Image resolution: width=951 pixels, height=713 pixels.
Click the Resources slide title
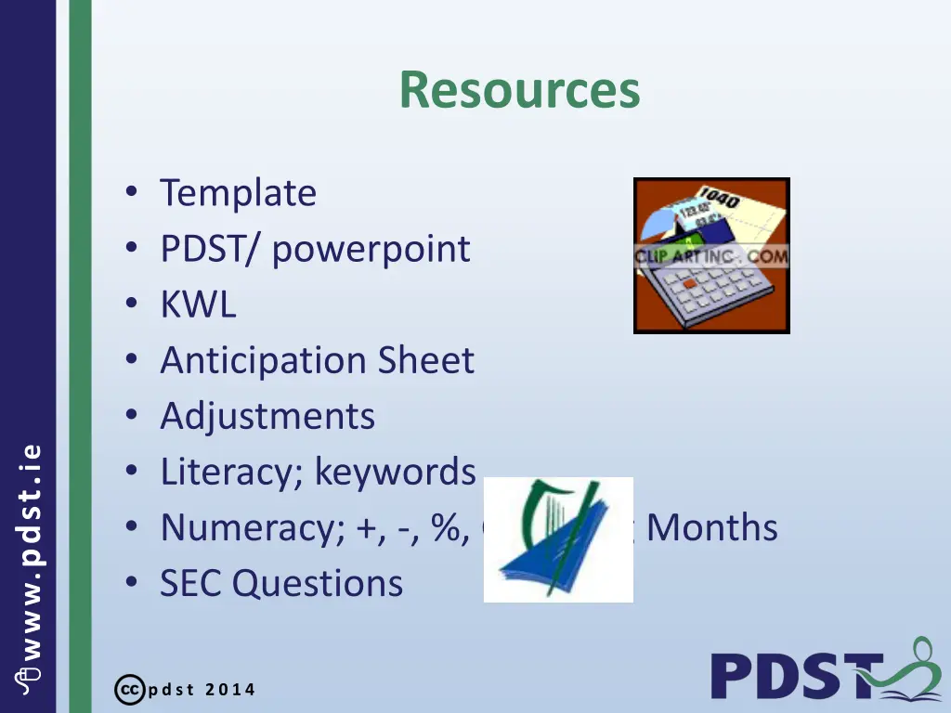click(x=519, y=90)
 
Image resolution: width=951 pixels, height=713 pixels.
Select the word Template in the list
click(x=238, y=193)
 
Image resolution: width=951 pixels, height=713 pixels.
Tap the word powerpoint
click(x=371, y=249)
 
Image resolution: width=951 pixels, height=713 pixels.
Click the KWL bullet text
click(x=198, y=305)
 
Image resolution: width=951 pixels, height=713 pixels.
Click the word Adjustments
click(x=267, y=416)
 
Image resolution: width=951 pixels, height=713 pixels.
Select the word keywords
click(x=395, y=472)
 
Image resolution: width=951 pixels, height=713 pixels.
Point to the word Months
click(x=712, y=527)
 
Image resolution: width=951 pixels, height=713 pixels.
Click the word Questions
click(x=318, y=583)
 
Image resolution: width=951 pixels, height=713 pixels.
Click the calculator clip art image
click(x=711, y=255)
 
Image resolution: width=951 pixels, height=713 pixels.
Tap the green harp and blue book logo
click(x=558, y=539)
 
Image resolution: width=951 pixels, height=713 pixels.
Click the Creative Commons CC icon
click(x=127, y=690)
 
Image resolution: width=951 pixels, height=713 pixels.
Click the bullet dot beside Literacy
click(x=132, y=472)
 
